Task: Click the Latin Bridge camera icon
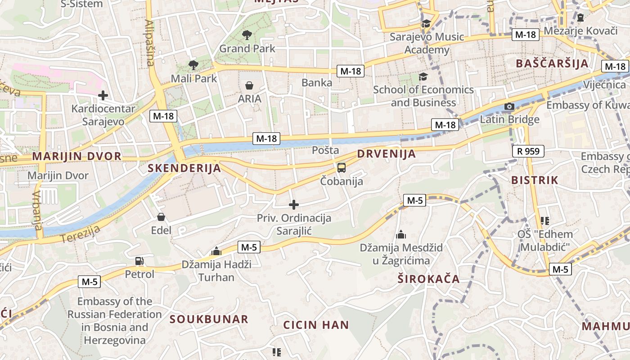pyautogui.click(x=509, y=107)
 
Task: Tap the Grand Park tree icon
pyautogui.click(x=247, y=35)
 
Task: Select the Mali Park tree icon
pyautogui.click(x=193, y=65)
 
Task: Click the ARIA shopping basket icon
pyautogui.click(x=249, y=85)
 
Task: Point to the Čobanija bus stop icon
pyautogui.click(x=342, y=168)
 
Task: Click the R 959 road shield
pyautogui.click(x=528, y=151)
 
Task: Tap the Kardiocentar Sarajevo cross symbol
pyautogui.click(x=103, y=95)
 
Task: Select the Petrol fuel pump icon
pyautogui.click(x=139, y=261)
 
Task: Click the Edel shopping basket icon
pyautogui.click(x=161, y=217)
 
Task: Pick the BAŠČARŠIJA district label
pyautogui.click(x=552, y=63)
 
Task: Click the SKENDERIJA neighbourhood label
pyautogui.click(x=184, y=168)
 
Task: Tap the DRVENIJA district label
pyautogui.click(x=387, y=154)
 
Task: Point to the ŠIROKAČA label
pyautogui.click(x=429, y=279)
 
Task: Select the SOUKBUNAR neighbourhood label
pyautogui.click(x=209, y=319)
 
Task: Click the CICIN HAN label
pyautogui.click(x=316, y=325)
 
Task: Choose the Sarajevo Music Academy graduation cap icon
pyautogui.click(x=426, y=24)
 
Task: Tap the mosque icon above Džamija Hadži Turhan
pyautogui.click(x=216, y=251)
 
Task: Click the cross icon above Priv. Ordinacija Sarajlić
pyautogui.click(x=294, y=205)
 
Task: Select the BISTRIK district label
pyautogui.click(x=535, y=180)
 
